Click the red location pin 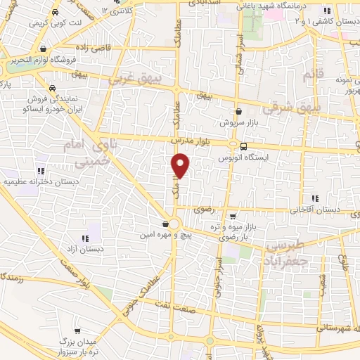[x=181, y=166]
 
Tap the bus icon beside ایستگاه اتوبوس [x=243, y=146]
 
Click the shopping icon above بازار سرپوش [x=239, y=111]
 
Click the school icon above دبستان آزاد [x=85, y=238]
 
